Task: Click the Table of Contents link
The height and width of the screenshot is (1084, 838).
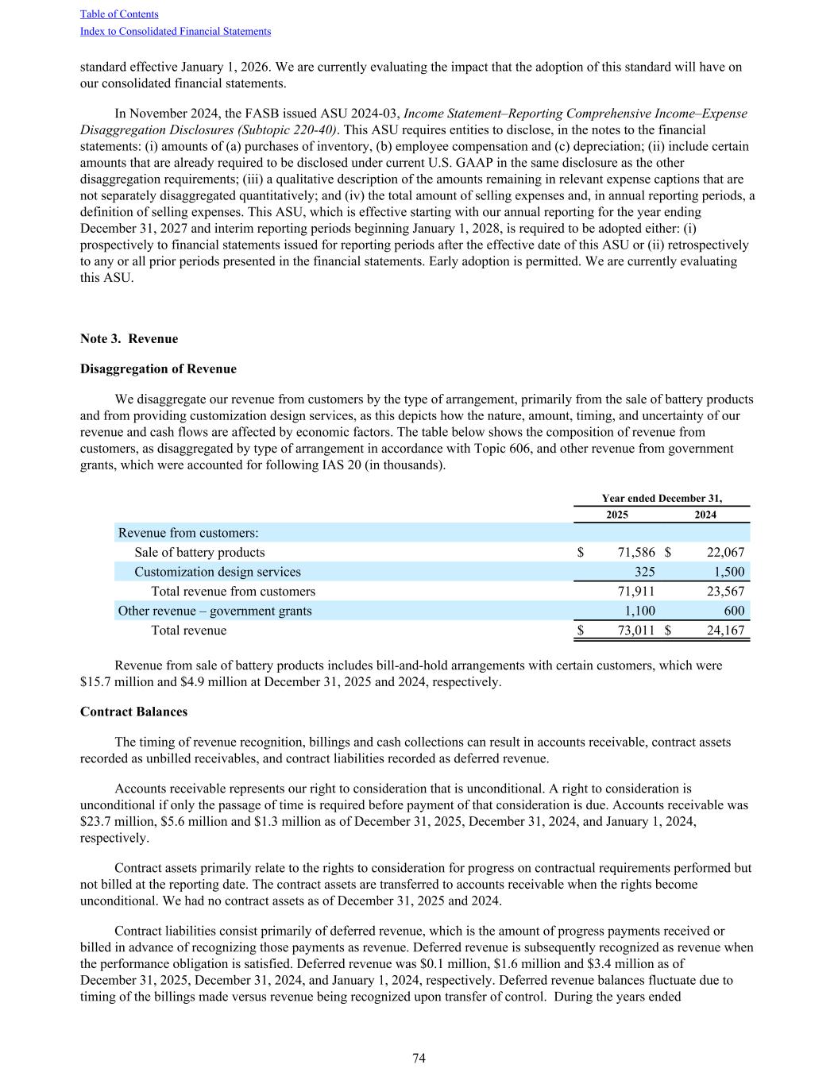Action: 119,14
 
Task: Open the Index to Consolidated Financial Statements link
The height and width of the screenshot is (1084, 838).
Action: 176,32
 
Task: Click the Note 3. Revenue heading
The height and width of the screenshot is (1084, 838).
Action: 129,339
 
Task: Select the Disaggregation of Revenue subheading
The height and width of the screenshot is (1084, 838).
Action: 158,369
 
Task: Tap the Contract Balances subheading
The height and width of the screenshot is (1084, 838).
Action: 133,712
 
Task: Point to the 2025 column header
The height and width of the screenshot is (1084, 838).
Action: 617,515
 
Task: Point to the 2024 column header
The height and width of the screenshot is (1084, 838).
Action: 705,515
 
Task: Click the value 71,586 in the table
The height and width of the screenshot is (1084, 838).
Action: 636,553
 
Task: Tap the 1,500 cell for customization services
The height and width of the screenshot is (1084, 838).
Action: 729,572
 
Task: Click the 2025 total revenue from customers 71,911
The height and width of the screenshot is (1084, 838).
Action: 636,592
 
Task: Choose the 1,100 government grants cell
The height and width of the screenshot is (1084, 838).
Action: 639,611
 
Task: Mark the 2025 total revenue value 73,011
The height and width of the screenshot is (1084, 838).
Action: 636,631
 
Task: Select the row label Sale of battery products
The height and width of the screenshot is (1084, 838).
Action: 199,553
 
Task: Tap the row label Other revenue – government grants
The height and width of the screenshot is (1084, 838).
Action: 214,611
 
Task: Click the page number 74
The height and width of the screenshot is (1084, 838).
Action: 419,1059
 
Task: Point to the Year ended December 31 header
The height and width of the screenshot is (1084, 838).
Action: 662,499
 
